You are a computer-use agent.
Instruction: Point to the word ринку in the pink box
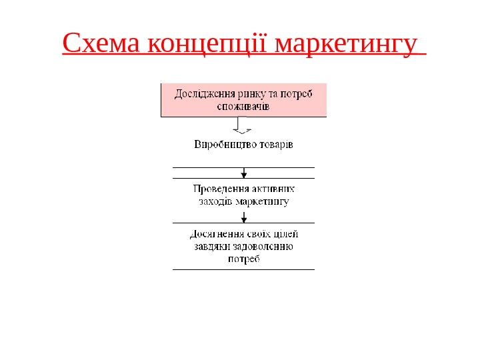(251, 93)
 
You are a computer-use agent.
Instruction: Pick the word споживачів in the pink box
(243, 105)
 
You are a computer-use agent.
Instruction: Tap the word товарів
(275, 144)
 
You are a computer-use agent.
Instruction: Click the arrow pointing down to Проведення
(244, 173)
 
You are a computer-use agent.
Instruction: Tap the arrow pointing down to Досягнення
(244, 217)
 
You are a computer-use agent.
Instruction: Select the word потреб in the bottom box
(243, 259)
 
